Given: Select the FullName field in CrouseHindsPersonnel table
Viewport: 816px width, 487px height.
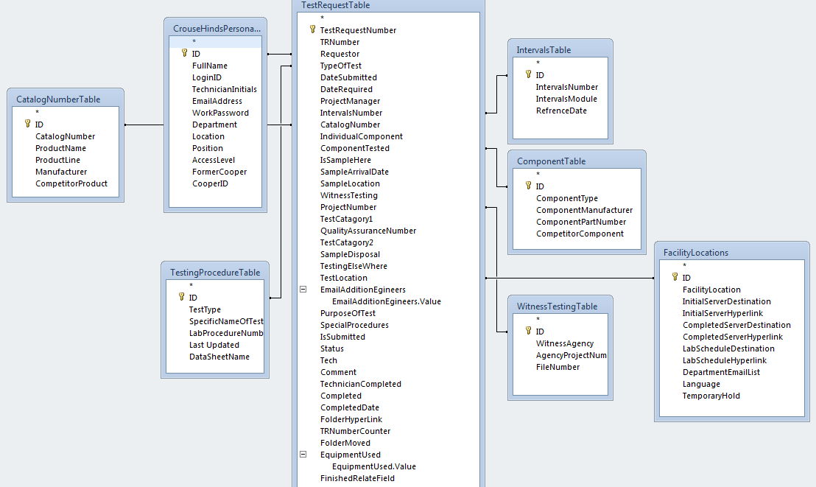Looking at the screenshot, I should click(x=210, y=66).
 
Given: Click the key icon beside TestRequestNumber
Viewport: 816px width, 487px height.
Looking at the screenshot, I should click(x=312, y=30).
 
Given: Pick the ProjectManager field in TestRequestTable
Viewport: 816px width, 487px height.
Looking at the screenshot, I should click(x=350, y=101).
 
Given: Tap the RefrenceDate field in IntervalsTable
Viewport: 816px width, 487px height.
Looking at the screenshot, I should click(x=561, y=111).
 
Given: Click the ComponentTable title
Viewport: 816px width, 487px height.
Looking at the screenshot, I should click(x=552, y=161).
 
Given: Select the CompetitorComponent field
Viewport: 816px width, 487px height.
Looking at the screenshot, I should click(x=580, y=234).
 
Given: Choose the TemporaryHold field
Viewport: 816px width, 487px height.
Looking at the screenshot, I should click(x=711, y=396).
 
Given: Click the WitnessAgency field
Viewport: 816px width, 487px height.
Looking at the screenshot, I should click(x=564, y=343).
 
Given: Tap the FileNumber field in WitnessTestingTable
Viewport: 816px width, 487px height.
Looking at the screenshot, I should click(x=558, y=367).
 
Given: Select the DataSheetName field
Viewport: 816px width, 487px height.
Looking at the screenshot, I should click(x=219, y=357).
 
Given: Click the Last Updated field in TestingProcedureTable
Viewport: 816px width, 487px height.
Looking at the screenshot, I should click(x=214, y=345).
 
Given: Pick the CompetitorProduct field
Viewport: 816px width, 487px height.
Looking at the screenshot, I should click(x=71, y=183).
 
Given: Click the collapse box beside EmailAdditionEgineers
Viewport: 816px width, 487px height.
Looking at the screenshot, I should click(x=303, y=290).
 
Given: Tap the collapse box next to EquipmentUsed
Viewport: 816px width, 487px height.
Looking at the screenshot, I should click(x=303, y=455).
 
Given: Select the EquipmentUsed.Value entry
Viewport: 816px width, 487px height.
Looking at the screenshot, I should click(x=373, y=466).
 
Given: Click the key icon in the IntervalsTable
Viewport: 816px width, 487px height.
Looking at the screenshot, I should click(x=528, y=75).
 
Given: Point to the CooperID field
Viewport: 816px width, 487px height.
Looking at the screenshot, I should click(x=210, y=183).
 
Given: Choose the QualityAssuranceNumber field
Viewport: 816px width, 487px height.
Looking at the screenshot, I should click(x=367, y=231).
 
